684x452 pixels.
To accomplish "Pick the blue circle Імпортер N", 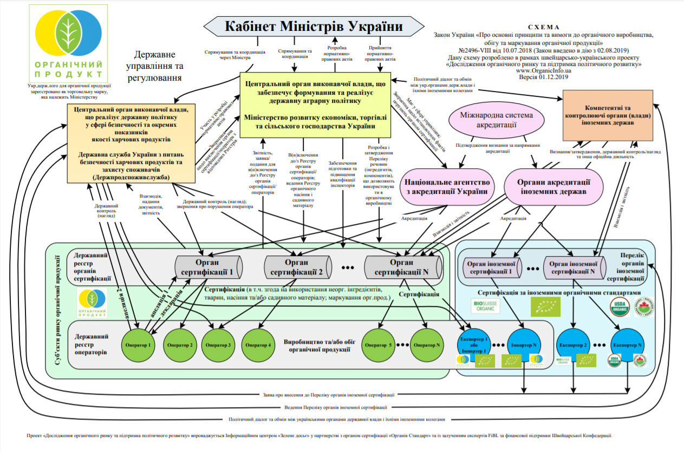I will click(523, 345).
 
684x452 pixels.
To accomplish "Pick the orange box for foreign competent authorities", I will click(607, 115).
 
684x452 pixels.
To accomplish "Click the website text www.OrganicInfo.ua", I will click(544, 70).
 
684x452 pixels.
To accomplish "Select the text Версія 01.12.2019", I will click(544, 77).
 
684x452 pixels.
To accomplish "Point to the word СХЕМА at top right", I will click(544, 27).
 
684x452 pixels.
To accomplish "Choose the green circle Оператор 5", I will click(378, 345).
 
